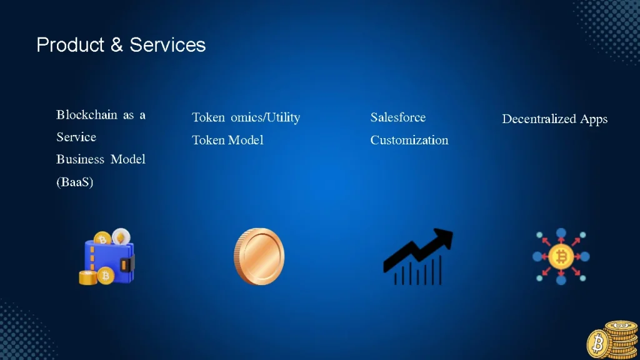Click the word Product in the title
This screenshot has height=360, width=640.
click(70, 45)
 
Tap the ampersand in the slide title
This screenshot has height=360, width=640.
click(117, 45)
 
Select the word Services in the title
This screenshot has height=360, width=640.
click(167, 45)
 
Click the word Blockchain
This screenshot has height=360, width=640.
click(86, 115)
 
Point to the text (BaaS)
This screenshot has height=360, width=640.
click(75, 182)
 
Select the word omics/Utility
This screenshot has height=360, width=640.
click(265, 117)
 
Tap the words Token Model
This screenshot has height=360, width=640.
click(227, 140)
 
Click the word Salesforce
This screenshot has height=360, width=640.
click(398, 117)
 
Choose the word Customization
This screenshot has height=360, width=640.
click(409, 140)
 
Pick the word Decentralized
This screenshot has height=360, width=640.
click(539, 119)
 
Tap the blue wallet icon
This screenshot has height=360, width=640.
click(109, 261)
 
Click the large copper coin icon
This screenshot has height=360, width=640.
click(259, 256)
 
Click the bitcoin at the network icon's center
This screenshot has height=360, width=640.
click(561, 257)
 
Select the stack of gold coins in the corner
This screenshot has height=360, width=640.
click(612, 339)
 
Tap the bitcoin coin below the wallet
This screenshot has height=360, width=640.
click(106, 276)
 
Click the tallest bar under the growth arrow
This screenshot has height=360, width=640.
click(441, 270)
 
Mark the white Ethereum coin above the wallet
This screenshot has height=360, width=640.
click(121, 236)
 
